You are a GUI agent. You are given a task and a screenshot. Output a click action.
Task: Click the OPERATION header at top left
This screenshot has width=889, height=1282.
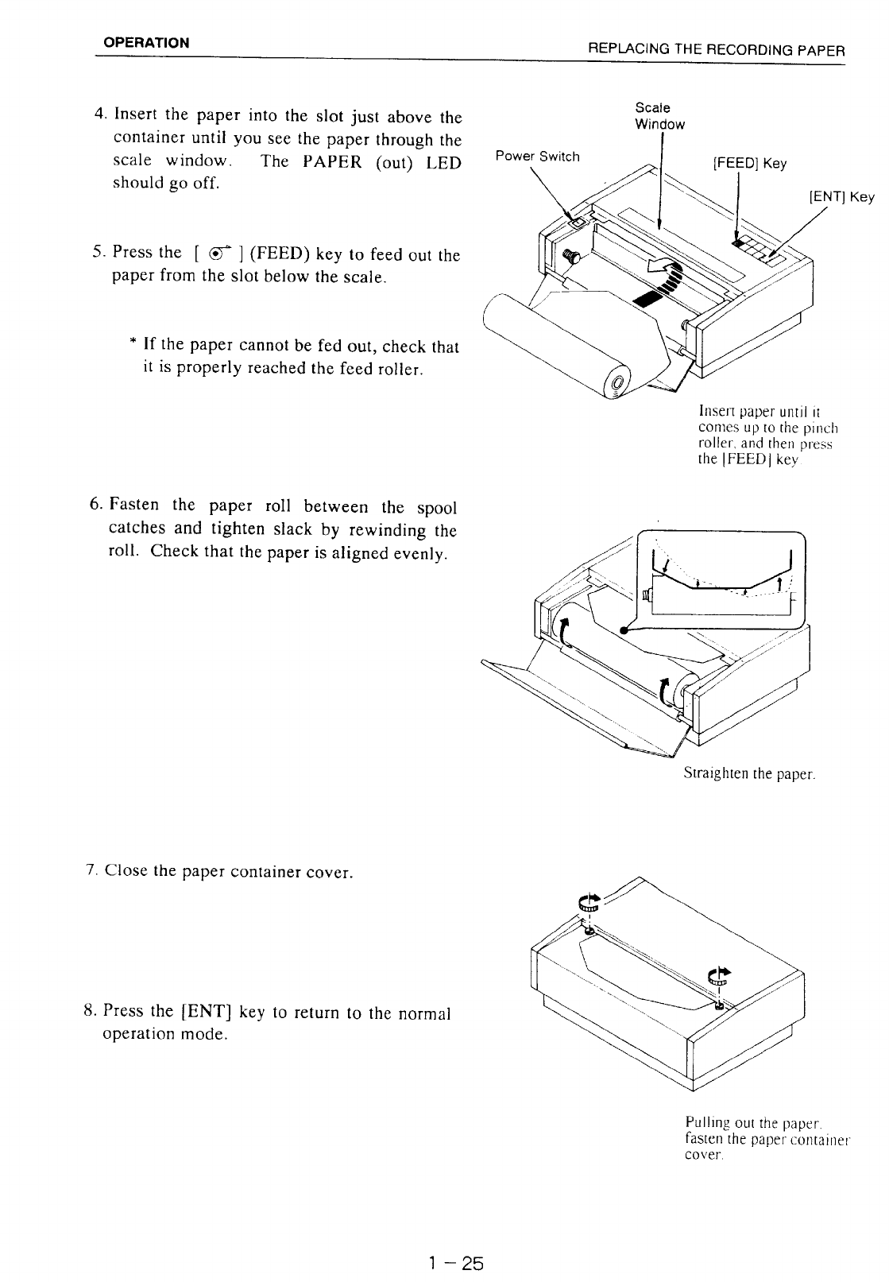[149, 43]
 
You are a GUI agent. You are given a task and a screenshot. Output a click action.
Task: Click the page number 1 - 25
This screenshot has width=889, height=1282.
[455, 1263]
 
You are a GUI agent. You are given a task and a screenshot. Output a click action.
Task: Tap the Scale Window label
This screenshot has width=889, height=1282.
[659, 116]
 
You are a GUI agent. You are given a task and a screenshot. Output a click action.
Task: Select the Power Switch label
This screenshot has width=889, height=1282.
[537, 157]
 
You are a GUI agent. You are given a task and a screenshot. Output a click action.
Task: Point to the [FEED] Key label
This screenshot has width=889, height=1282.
[750, 164]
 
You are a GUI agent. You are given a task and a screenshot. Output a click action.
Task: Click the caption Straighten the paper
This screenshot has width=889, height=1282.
[749, 773]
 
